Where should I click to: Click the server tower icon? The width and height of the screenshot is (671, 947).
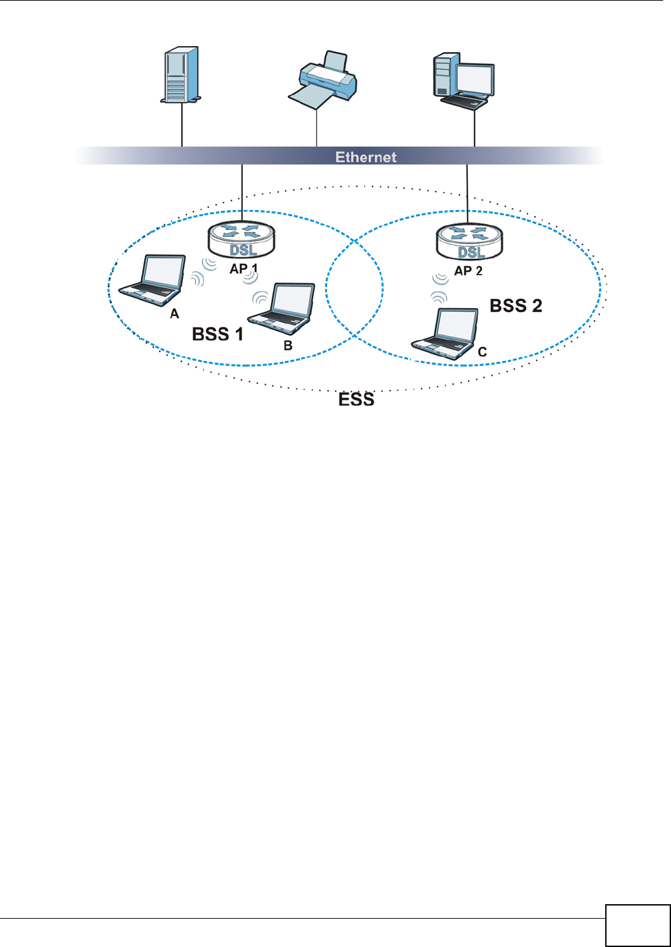click(181, 74)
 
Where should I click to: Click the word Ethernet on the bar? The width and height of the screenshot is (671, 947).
click(366, 157)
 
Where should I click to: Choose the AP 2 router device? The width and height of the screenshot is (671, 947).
click(469, 242)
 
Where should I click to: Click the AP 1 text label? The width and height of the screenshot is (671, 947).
click(243, 269)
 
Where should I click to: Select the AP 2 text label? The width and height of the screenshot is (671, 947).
click(468, 271)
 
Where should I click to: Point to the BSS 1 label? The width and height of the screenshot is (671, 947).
click(217, 334)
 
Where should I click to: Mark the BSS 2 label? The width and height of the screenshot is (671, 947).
click(516, 306)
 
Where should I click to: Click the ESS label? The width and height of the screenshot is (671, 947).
click(356, 399)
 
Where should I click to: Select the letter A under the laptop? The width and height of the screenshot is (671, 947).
click(174, 314)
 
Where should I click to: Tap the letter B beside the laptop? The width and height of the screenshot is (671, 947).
click(288, 345)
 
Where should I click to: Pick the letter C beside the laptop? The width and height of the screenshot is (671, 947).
click(482, 352)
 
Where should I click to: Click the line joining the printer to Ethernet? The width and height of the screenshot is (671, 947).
click(317, 128)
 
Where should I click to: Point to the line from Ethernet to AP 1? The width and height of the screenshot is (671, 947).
click(242, 191)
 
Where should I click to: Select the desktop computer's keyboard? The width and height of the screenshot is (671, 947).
click(464, 101)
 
